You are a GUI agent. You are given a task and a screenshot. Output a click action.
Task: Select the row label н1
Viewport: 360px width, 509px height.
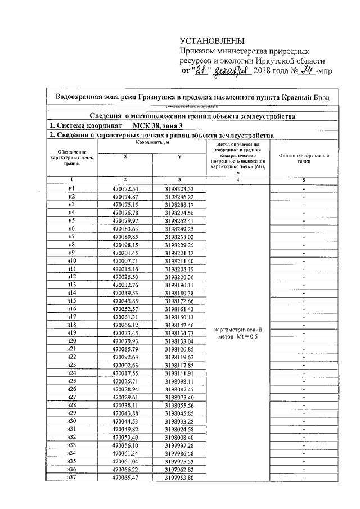point(71,188)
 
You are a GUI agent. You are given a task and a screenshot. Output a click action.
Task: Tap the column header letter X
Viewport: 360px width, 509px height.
point(125,157)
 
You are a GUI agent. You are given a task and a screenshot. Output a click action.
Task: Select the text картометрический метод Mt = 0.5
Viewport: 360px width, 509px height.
point(236,332)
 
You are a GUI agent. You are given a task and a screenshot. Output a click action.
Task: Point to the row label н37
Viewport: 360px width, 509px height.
point(71,478)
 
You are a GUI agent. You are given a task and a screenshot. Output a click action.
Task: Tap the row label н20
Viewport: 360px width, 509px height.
point(71,341)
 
